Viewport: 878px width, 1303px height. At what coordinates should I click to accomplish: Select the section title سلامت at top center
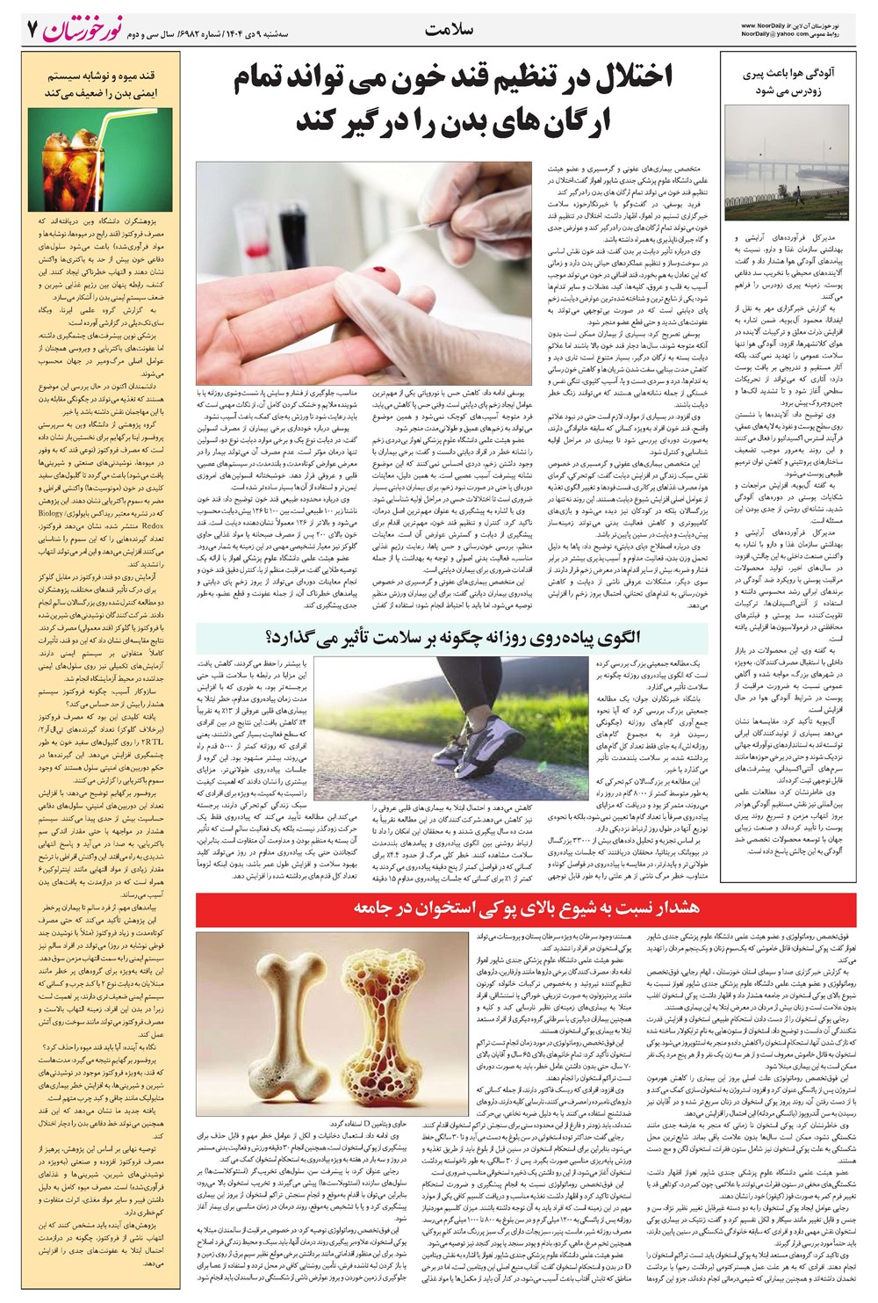449,29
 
